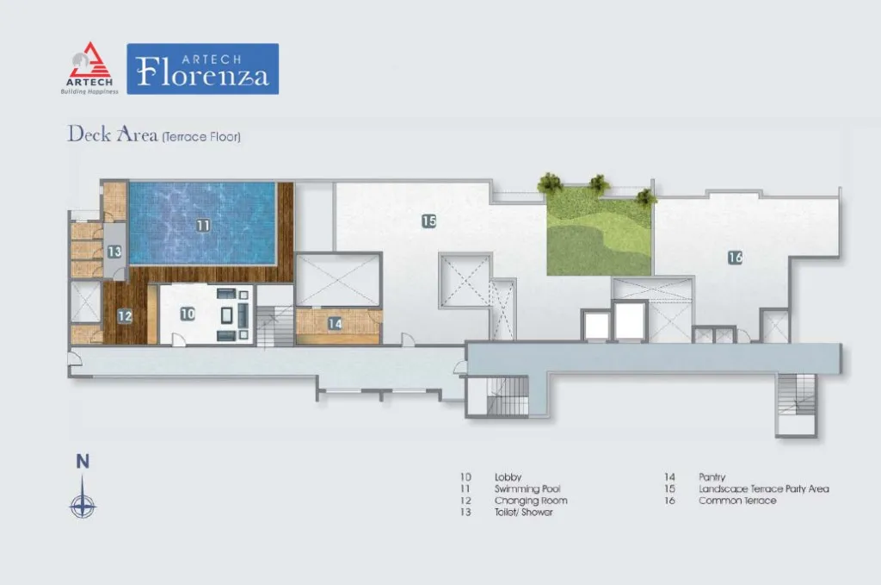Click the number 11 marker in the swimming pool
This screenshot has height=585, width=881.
(203, 226)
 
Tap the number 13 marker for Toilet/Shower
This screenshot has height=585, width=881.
(114, 252)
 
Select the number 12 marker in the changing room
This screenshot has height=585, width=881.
(125, 316)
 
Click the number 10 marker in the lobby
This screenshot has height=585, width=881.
(188, 314)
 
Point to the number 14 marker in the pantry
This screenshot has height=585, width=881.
(335, 323)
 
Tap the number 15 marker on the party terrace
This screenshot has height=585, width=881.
(429, 221)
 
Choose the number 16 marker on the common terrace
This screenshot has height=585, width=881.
(736, 258)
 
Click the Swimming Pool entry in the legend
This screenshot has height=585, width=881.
(527, 489)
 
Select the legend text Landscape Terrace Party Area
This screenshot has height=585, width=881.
(764, 489)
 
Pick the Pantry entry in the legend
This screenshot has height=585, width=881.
(712, 477)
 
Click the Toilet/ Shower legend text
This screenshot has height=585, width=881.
(524, 512)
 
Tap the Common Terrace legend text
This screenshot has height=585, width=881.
(737, 500)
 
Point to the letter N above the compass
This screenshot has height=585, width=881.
(83, 461)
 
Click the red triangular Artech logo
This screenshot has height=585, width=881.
(89, 61)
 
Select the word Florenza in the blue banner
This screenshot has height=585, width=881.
(203, 74)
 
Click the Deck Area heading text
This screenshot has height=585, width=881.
(113, 134)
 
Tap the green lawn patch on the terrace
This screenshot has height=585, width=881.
(599, 231)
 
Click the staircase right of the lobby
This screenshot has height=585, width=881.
(275, 326)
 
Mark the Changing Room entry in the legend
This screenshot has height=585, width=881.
(531, 501)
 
